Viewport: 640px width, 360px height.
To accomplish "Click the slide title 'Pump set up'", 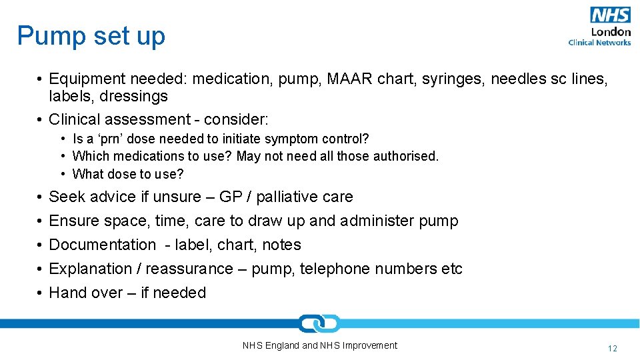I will [91, 36].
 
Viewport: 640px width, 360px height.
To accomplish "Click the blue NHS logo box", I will [609, 15].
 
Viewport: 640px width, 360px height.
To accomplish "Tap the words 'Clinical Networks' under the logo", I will [599, 43].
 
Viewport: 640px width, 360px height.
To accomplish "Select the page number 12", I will [613, 348].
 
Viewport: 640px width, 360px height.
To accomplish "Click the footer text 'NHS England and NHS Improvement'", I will [319, 345].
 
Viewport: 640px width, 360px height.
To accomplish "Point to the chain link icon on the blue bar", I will [319, 324].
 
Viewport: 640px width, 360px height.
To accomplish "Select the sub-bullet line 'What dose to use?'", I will [127, 174].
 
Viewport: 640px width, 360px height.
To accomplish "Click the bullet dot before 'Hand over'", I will [40, 293].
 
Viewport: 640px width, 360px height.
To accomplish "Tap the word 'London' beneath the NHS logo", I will [610, 32].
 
